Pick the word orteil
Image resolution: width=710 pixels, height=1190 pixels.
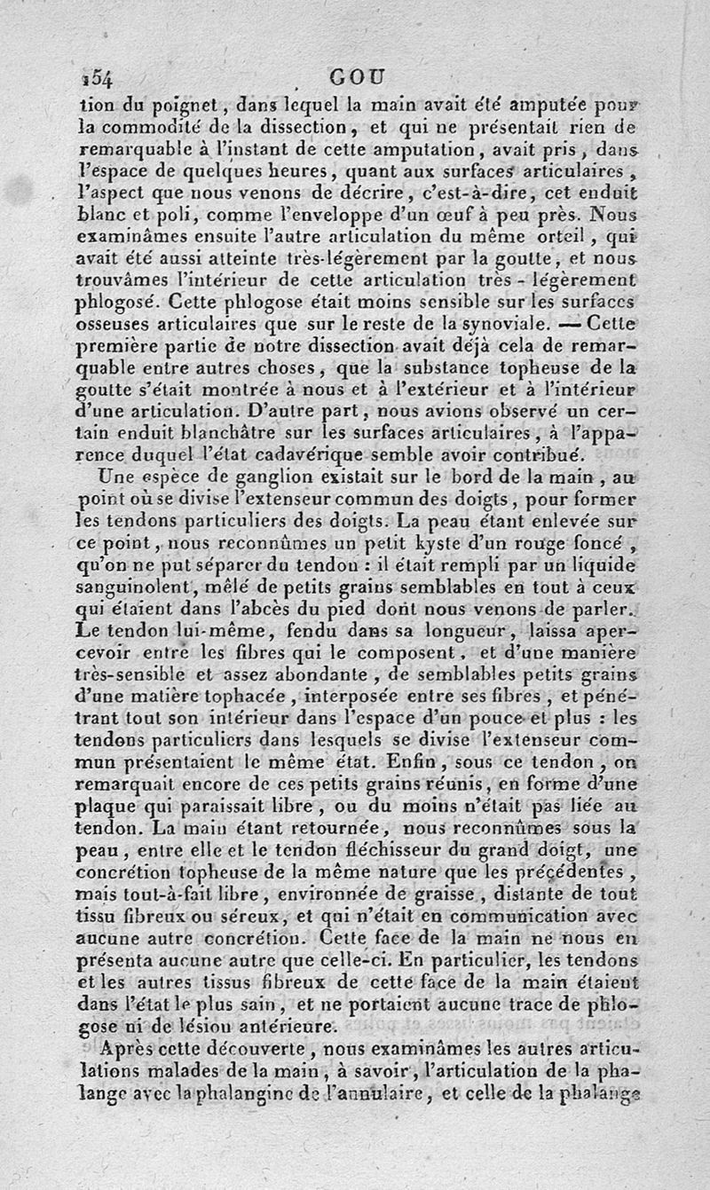click(x=556, y=237)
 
